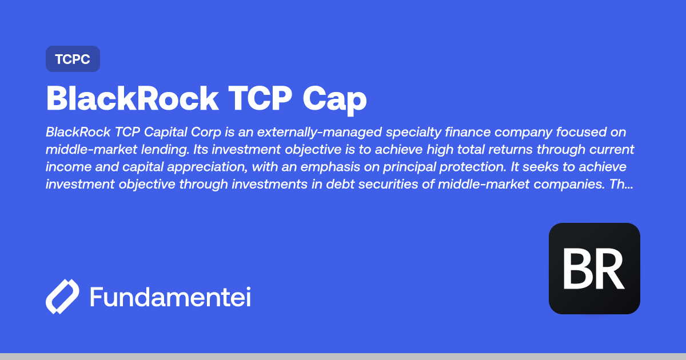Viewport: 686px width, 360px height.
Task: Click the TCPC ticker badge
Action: click(x=73, y=59)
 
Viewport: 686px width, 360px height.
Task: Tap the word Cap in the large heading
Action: click(x=334, y=98)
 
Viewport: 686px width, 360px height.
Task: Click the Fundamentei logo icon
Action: click(x=62, y=297)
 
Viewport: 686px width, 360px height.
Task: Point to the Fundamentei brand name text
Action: click(x=170, y=297)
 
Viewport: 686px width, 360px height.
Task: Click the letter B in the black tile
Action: click(x=577, y=269)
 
